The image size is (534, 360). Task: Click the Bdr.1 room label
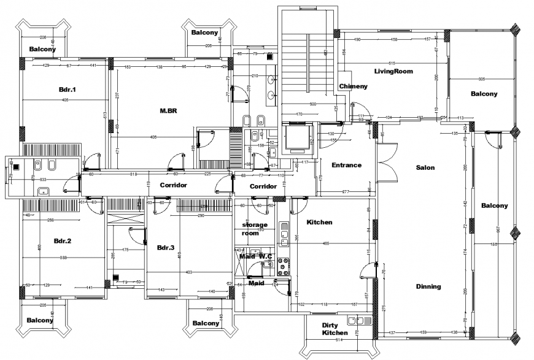(67, 90)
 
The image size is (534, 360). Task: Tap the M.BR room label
(169, 111)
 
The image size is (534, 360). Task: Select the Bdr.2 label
(63, 241)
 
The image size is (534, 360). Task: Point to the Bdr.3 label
(166, 248)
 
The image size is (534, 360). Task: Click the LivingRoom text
(393, 71)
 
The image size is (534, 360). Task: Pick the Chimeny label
(353, 86)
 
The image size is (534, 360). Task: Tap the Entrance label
(346, 165)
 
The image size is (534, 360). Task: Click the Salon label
(425, 167)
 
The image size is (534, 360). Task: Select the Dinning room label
(428, 286)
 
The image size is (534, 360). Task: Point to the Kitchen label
(319, 222)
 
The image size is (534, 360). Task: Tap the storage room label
(254, 229)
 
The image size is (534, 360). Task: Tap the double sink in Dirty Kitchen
(359, 320)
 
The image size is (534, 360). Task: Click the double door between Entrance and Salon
(387, 163)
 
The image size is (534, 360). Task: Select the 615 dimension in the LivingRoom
(392, 64)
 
